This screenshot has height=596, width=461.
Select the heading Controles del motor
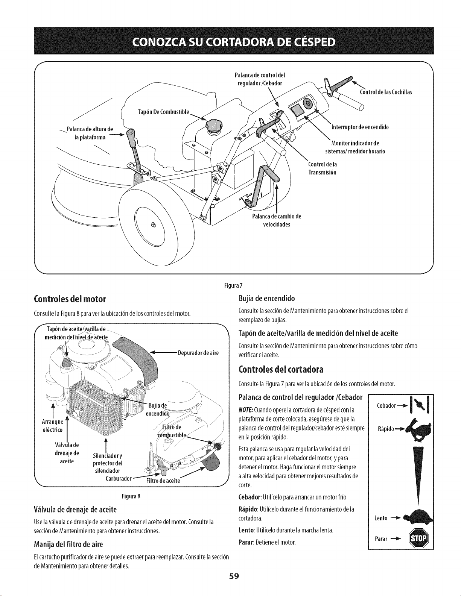[70, 299]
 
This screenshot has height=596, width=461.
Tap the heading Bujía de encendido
[266, 299]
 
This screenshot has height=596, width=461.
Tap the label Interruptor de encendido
[360, 127]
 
